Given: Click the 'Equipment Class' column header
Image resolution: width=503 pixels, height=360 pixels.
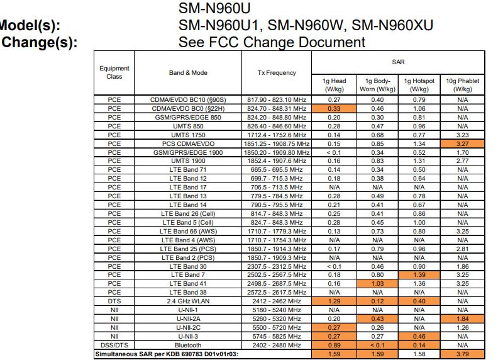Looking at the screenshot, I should (114, 72).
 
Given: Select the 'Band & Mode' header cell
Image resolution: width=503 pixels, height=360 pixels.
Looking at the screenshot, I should (188, 73).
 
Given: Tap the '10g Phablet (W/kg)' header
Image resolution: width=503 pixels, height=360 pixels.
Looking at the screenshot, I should (463, 85).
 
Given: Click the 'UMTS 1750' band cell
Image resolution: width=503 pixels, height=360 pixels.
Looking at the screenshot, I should (188, 135).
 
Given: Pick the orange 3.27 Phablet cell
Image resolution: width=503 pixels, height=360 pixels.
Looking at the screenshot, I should (463, 143).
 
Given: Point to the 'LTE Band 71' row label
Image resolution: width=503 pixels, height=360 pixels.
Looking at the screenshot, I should (188, 170).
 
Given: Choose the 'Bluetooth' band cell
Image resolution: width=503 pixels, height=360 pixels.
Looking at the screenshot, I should (188, 346).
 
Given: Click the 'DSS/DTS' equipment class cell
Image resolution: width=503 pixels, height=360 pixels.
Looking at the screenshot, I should (114, 346).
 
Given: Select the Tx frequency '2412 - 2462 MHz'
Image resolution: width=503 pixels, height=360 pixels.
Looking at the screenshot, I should (277, 301).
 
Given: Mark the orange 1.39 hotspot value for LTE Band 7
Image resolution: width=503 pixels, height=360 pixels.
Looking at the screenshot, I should (420, 275).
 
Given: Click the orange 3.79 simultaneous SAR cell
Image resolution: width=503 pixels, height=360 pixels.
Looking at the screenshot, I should (463, 354).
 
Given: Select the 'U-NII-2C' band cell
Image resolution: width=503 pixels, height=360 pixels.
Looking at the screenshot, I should (188, 328).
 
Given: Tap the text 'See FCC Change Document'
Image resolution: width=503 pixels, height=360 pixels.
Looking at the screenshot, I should (272, 42).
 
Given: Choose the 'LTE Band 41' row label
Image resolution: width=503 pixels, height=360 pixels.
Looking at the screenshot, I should (188, 284).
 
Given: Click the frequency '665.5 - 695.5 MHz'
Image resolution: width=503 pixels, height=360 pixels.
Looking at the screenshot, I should (277, 170).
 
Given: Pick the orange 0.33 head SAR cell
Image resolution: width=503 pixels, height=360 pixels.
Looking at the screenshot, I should (334, 108).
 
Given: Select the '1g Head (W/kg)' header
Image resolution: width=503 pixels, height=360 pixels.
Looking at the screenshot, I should (334, 85).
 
